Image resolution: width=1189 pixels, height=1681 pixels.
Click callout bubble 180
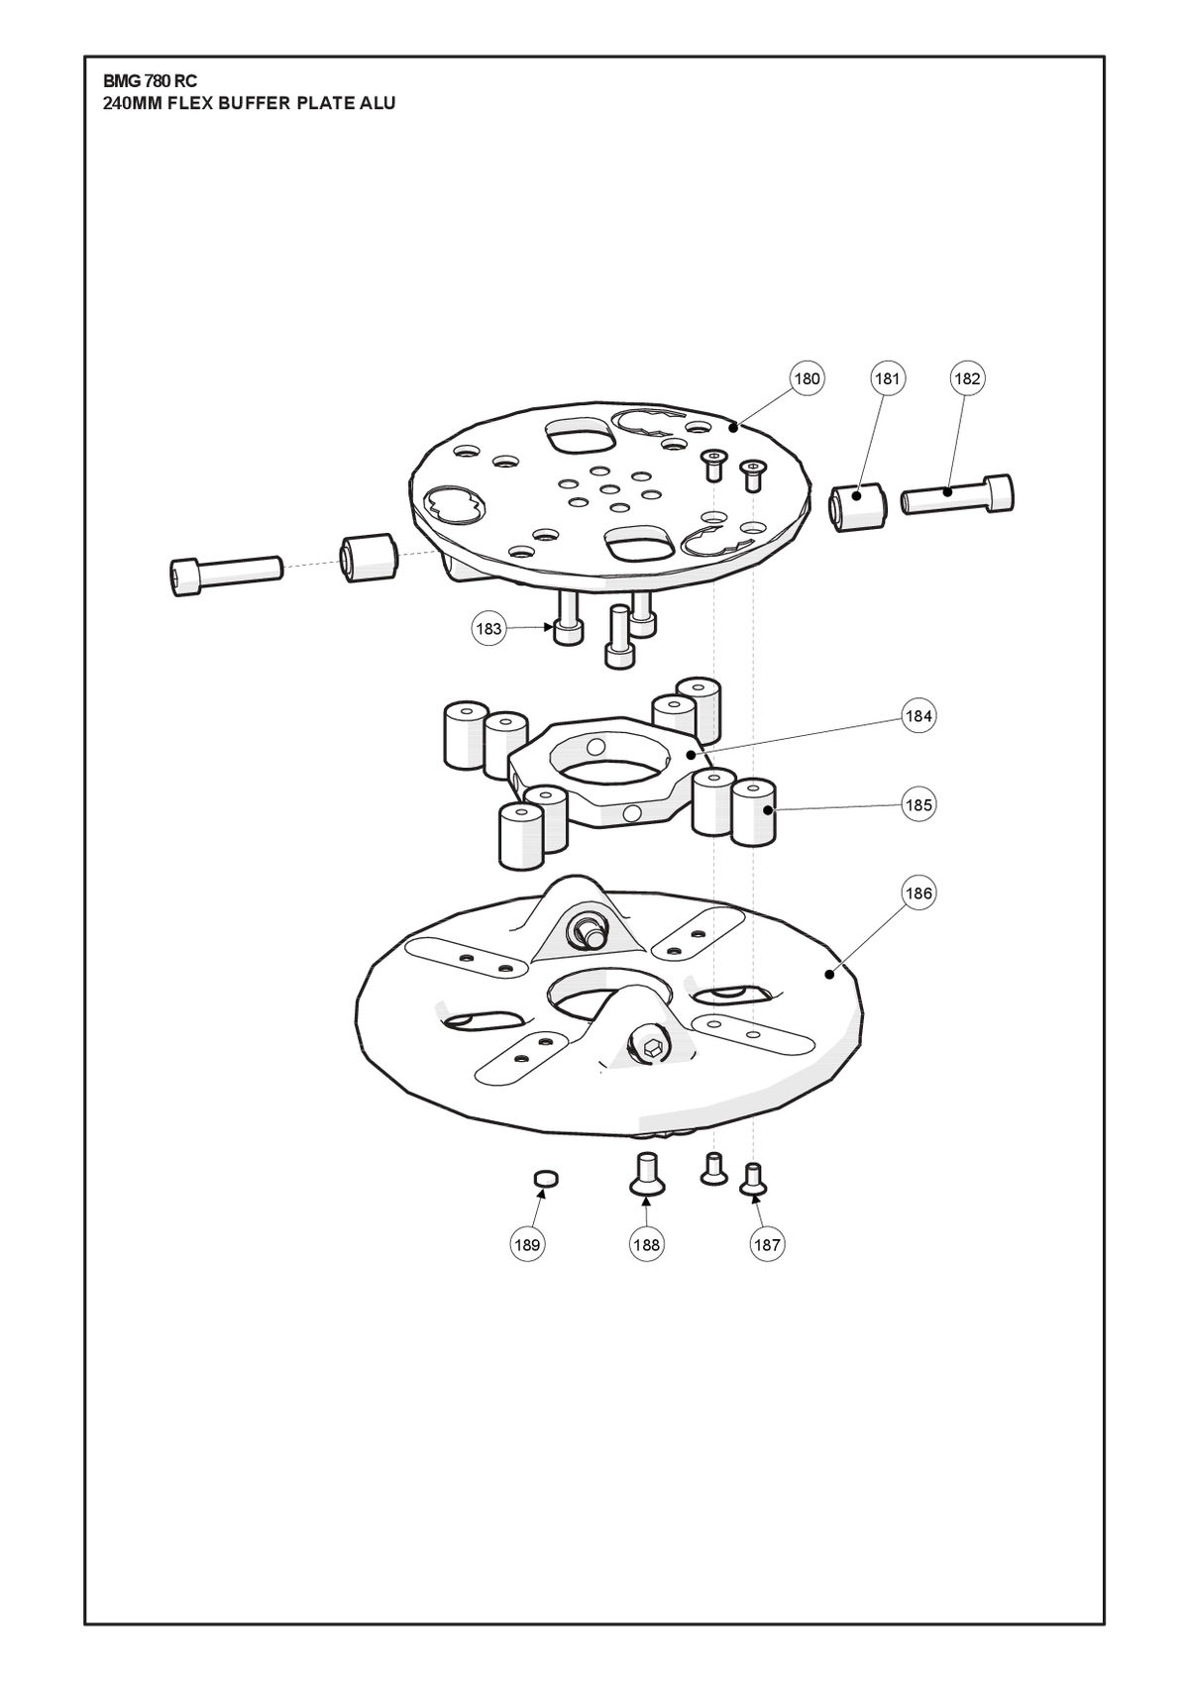point(807,379)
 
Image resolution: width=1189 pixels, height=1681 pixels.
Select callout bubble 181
point(887,379)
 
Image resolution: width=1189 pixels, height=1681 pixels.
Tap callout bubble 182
point(967,379)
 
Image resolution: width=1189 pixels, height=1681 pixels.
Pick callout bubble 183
point(488,628)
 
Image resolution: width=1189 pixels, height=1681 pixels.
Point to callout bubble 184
point(919,716)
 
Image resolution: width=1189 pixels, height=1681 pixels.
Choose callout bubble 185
point(919,805)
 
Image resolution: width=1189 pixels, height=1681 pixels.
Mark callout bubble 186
point(919,893)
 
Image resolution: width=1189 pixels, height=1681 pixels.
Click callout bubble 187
point(766,1245)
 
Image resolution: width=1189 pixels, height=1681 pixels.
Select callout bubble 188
point(646,1245)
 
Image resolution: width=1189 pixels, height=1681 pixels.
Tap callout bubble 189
point(527,1245)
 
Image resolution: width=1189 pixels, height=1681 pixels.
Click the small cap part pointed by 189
point(546,1178)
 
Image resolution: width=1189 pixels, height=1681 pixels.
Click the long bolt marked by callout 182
point(957,496)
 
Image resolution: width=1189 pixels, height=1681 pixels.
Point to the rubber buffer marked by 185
point(754,812)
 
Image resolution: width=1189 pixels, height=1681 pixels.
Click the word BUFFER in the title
point(254,104)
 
